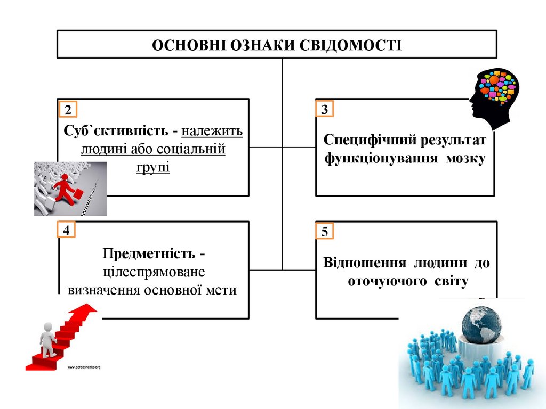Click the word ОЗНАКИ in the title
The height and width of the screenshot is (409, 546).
(264, 45)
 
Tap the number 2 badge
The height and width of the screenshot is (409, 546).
(68, 110)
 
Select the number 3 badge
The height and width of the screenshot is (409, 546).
(325, 110)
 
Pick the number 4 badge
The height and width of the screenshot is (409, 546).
(67, 231)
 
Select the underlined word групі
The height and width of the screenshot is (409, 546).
(153, 167)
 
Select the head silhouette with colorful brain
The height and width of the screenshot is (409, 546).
(495, 96)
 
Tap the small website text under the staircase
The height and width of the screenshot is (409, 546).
(84, 367)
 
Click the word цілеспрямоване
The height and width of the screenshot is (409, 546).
(153, 272)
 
